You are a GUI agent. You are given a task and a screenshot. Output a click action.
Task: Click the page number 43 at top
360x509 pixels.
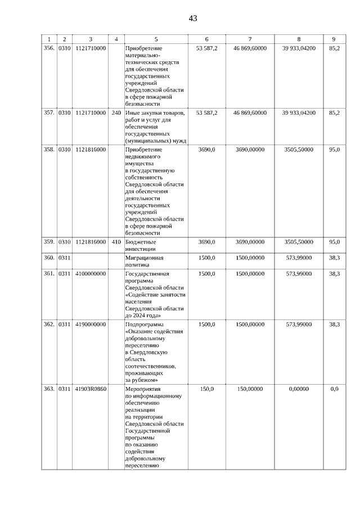(x=193, y=18)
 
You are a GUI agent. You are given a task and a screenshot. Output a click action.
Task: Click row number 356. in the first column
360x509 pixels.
(x=49, y=49)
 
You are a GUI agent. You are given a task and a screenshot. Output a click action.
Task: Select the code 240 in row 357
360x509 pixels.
(x=116, y=113)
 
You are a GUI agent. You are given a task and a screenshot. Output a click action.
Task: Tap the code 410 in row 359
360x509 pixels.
(x=116, y=242)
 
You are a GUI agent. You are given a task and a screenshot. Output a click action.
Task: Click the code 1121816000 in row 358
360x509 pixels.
(x=90, y=150)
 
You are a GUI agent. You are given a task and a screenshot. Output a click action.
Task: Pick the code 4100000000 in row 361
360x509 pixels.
(x=90, y=274)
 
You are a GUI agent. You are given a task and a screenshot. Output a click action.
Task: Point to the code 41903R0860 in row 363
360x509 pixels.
(x=90, y=389)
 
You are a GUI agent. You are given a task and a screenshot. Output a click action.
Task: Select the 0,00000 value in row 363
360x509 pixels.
(x=299, y=389)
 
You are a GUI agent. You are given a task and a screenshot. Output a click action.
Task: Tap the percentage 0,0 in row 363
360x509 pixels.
(x=335, y=389)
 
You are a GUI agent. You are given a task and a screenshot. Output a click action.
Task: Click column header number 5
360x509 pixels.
(x=156, y=39)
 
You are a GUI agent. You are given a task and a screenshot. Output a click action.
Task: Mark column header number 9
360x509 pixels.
(x=334, y=39)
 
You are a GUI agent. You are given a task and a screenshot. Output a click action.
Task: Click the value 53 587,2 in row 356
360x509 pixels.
(x=206, y=49)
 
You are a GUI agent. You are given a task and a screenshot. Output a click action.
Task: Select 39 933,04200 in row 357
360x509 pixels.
(x=299, y=113)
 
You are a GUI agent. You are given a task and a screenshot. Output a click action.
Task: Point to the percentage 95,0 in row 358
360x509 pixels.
(x=335, y=150)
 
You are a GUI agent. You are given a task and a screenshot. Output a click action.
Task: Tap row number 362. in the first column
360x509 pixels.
(x=49, y=325)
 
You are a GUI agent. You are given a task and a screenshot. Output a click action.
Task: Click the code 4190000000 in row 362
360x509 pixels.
(x=90, y=325)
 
